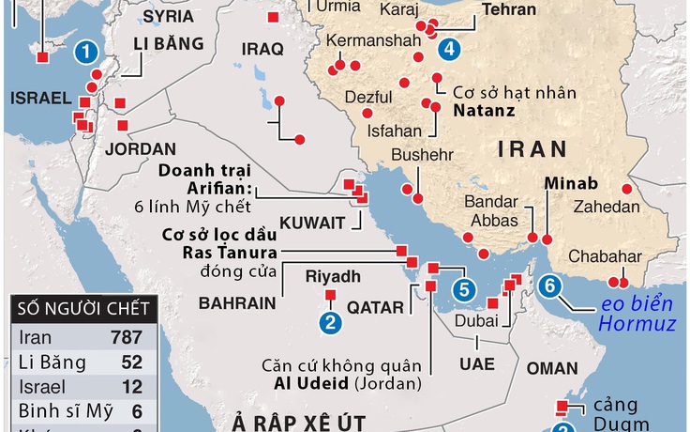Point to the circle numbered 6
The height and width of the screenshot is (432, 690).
[x=550, y=285]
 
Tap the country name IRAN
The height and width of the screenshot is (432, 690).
[x=532, y=148]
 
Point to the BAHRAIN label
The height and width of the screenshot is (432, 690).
[x=238, y=304]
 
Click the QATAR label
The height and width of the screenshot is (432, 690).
[x=375, y=307]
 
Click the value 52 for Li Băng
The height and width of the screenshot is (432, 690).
[x=131, y=362]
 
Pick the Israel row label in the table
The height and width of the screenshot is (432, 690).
[x=39, y=386]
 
